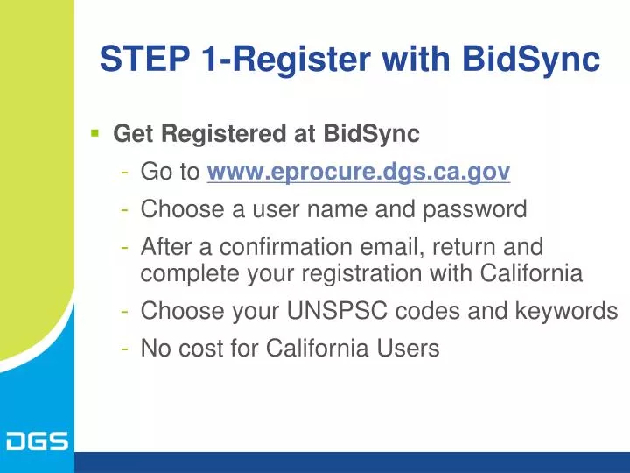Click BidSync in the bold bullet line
(372, 134)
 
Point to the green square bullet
(94, 134)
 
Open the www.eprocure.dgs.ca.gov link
(358, 173)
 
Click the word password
(476, 210)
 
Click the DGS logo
(37, 441)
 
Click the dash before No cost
(128, 349)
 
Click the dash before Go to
(128, 173)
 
